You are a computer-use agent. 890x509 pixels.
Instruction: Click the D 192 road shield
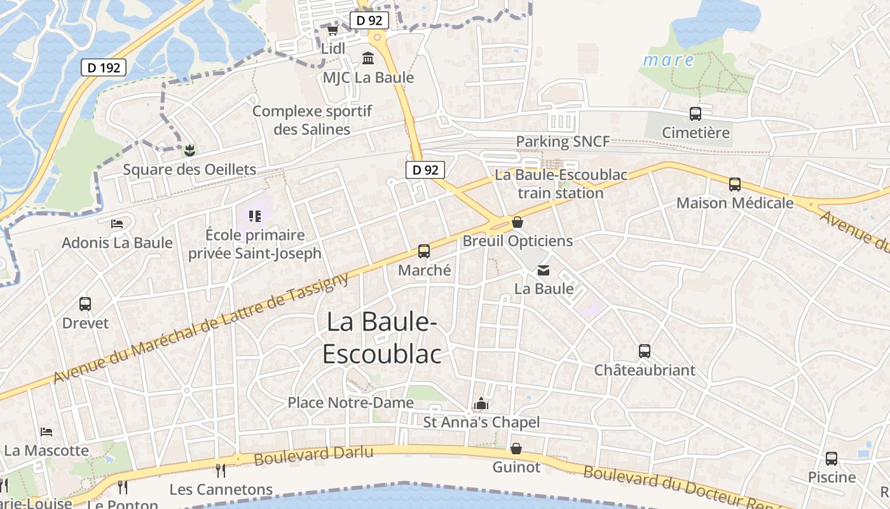(104, 67)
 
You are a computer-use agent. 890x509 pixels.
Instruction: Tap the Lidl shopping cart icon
(332, 30)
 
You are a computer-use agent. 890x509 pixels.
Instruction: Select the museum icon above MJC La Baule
(367, 59)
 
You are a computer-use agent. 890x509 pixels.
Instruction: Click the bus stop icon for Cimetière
(695, 114)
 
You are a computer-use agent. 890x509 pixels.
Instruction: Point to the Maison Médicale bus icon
(735, 185)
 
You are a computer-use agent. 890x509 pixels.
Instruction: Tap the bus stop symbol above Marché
(424, 251)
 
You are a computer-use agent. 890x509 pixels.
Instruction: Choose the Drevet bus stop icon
(85, 304)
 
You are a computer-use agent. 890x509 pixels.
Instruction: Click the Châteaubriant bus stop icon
(645, 351)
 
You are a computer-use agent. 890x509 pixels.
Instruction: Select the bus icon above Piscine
(832, 458)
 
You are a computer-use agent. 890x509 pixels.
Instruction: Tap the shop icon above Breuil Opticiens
(517, 222)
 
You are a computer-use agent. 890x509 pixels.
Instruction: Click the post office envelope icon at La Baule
(544, 270)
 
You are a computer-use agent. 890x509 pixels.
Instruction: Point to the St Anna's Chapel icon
(481, 403)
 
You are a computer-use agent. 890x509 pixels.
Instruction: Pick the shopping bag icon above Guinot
(516, 449)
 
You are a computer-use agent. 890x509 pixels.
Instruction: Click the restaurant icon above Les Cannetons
(221, 471)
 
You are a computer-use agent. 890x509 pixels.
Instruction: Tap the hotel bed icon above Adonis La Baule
(117, 223)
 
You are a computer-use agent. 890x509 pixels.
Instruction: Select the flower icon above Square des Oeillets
(189, 151)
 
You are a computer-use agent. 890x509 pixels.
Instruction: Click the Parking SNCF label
(563, 141)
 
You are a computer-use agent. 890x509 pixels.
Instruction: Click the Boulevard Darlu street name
(313, 454)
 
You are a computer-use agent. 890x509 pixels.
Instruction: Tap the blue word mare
(668, 60)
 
